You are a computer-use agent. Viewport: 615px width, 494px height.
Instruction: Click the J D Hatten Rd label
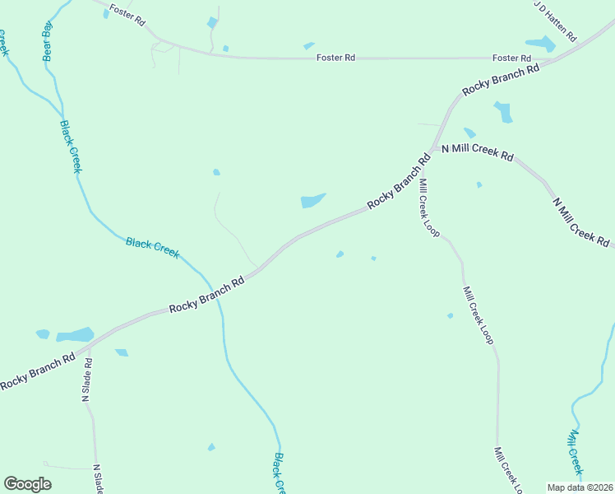(x=556, y=21)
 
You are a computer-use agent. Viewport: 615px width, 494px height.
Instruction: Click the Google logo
(x=28, y=484)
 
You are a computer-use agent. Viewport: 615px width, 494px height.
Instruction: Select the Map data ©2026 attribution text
(x=580, y=487)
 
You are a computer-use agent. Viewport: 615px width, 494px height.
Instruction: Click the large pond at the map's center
(x=312, y=200)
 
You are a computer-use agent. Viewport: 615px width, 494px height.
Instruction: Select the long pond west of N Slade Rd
(x=75, y=335)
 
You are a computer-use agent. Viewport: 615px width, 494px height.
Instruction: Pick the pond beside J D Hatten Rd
(x=540, y=44)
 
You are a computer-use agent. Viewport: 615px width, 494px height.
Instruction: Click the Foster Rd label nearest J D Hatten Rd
(x=511, y=58)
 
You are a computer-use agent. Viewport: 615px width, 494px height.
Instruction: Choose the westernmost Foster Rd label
(x=128, y=15)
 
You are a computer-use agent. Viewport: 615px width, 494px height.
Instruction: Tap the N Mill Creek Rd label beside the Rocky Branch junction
(x=477, y=153)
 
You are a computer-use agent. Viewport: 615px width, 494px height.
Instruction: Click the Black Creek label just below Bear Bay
(x=71, y=147)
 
